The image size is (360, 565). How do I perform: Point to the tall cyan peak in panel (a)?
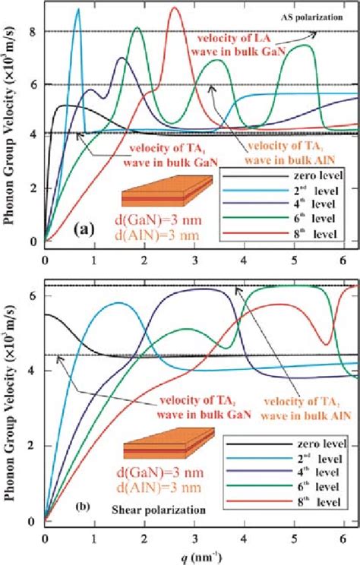tap(77, 10)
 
